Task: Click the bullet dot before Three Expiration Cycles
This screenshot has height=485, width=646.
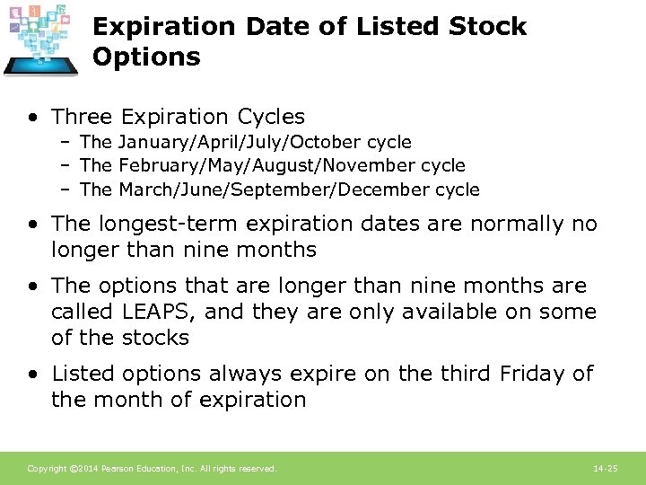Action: click(x=32, y=118)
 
